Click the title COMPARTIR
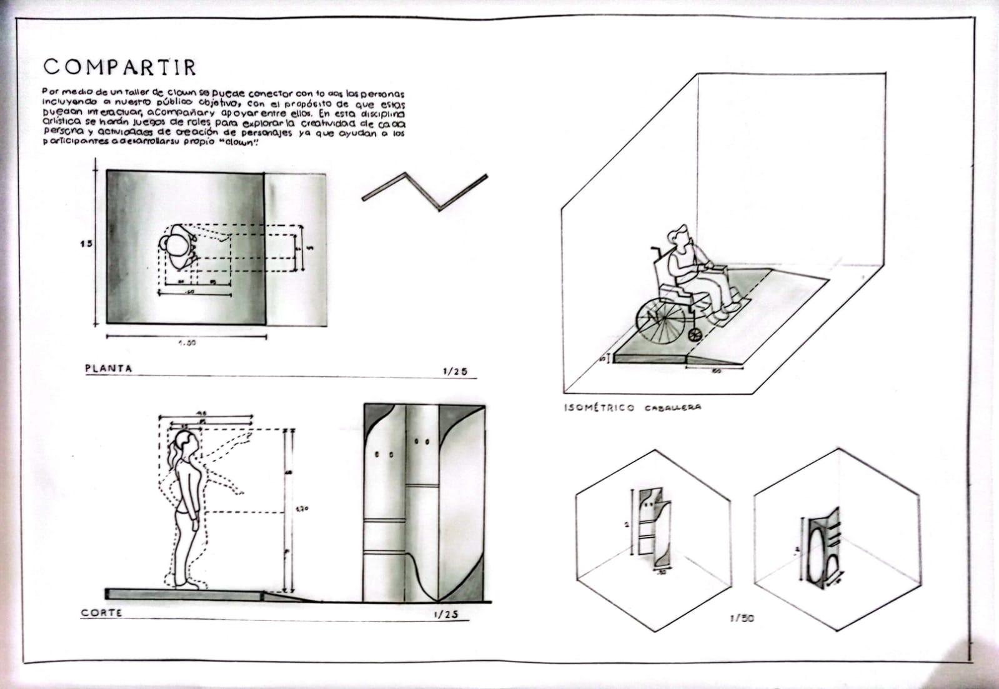(120, 67)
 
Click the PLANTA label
(109, 369)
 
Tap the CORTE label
(101, 613)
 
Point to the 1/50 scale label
(742, 618)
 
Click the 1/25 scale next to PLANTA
(455, 371)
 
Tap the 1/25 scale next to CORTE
(445, 614)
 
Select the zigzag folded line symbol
(425, 191)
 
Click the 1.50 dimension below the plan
(187, 343)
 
